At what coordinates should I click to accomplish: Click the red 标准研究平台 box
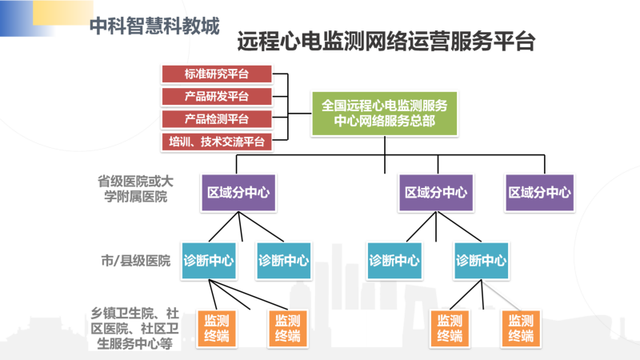click(x=217, y=74)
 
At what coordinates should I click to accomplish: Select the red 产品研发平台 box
click(x=217, y=96)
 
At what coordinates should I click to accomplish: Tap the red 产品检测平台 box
click(x=217, y=119)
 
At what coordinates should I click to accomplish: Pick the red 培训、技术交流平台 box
click(x=217, y=142)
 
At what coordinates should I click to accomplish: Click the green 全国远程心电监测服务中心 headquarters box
click(x=384, y=113)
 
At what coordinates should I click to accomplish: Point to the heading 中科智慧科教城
click(x=154, y=26)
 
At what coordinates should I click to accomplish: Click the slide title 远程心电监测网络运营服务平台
click(x=386, y=42)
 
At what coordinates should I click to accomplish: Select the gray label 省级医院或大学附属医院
click(x=135, y=189)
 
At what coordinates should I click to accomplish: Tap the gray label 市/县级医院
click(x=135, y=261)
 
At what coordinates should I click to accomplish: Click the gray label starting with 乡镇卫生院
click(x=134, y=329)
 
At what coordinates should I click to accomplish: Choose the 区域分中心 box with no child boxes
click(x=539, y=192)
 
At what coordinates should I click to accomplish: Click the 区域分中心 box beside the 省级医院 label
click(x=238, y=192)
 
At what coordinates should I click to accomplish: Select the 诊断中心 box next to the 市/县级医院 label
click(x=209, y=261)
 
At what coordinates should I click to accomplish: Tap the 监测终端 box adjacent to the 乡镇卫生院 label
click(x=216, y=329)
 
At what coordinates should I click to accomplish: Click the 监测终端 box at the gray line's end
click(x=521, y=329)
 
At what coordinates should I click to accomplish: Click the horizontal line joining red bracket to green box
click(x=300, y=113)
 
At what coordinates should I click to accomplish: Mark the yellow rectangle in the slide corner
click(x=63, y=13)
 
